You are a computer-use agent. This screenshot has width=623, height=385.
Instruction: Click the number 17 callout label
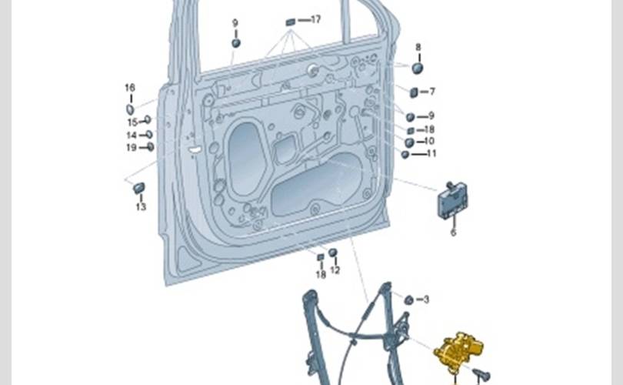(x=315, y=19)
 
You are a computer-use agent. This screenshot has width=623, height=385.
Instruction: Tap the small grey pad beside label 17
(x=291, y=21)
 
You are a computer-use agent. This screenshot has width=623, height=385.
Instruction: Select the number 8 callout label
(x=418, y=47)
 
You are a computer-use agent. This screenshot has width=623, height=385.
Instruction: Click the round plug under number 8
(x=418, y=68)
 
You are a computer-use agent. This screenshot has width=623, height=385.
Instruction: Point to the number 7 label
(x=432, y=92)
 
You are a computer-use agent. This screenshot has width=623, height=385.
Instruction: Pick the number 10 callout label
(x=429, y=141)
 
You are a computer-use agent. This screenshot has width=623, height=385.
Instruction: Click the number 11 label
(x=431, y=153)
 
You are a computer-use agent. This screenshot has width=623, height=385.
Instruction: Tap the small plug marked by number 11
(x=405, y=154)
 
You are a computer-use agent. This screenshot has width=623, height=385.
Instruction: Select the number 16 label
(x=129, y=88)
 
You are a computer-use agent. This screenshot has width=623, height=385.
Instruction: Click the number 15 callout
(x=132, y=122)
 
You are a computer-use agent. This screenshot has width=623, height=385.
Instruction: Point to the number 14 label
(x=132, y=135)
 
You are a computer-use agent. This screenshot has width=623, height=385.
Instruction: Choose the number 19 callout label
(x=132, y=147)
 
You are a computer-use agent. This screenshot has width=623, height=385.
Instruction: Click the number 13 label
(x=141, y=206)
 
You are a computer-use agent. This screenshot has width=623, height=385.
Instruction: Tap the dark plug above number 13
(x=139, y=187)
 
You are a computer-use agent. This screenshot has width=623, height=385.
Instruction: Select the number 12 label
(x=335, y=270)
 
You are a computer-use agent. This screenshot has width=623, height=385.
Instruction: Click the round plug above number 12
(x=333, y=253)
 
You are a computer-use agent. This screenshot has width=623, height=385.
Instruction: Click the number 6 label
(x=453, y=232)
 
